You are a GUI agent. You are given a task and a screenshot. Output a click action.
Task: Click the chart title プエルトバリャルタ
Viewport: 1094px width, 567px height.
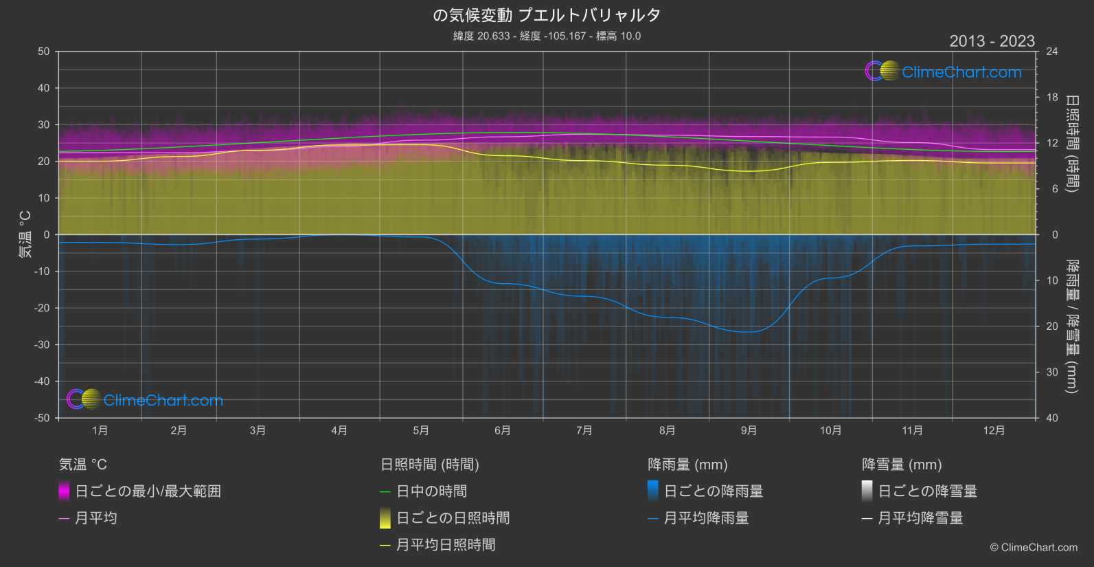pyautogui.click(x=547, y=15)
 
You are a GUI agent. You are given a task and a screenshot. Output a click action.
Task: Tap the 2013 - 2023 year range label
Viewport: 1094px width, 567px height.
pyautogui.click(x=992, y=41)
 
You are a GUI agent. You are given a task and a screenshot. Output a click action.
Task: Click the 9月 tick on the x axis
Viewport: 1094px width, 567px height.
pyautogui.click(x=749, y=430)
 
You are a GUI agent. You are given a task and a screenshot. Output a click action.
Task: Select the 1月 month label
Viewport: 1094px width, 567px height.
pyautogui.click(x=100, y=430)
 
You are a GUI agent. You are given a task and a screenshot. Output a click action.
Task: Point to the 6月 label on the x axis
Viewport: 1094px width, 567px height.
pyautogui.click(x=503, y=430)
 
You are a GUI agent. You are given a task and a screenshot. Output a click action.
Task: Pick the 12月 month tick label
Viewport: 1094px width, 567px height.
pyautogui.click(x=994, y=430)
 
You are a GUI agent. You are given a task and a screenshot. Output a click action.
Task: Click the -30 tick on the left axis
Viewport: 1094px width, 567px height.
pyautogui.click(x=43, y=345)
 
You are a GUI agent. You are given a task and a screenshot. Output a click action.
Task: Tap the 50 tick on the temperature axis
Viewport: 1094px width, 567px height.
pyautogui.click(x=44, y=52)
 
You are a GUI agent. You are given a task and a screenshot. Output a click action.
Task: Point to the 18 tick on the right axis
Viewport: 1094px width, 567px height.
pyautogui.click(x=1052, y=98)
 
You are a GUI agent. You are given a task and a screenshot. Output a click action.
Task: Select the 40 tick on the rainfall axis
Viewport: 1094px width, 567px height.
pyautogui.click(x=1052, y=418)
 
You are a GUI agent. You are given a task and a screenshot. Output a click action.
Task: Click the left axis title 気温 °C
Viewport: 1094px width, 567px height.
pyautogui.click(x=25, y=234)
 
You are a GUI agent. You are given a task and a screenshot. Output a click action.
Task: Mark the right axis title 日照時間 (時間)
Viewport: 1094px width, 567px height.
pyautogui.click(x=1071, y=143)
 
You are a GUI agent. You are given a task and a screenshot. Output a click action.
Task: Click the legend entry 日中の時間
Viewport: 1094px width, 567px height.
pyautogui.click(x=431, y=491)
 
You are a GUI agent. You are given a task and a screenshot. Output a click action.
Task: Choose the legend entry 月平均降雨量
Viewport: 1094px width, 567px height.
pyautogui.click(x=706, y=518)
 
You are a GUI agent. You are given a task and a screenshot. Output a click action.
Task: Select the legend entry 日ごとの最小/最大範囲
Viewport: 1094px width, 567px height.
pyautogui.click(x=148, y=491)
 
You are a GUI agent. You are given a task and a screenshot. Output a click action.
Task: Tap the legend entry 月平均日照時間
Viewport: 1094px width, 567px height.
pyautogui.click(x=446, y=545)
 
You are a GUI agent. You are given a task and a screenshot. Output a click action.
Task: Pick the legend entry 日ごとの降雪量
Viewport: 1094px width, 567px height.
pyautogui.click(x=927, y=491)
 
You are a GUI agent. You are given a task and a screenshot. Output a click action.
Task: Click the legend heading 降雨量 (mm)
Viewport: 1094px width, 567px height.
pyautogui.click(x=687, y=465)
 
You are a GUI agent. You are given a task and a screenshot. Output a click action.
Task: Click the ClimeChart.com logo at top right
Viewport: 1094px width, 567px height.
pyautogui.click(x=943, y=71)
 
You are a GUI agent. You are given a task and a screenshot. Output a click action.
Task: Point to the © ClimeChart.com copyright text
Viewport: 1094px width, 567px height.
pyautogui.click(x=1034, y=548)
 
